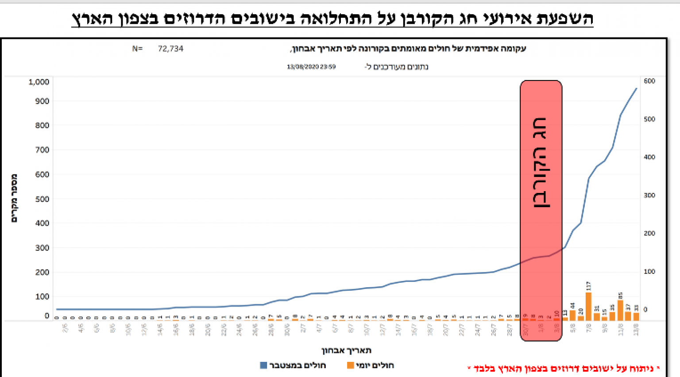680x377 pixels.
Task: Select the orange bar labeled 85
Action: tap(620, 310)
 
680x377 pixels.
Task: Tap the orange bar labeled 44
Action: tap(572, 315)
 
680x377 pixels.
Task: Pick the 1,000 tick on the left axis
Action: tap(39, 82)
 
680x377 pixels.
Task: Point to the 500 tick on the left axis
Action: tap(42, 199)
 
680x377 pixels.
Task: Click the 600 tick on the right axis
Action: tap(649, 81)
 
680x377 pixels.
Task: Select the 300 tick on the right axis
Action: tap(649, 195)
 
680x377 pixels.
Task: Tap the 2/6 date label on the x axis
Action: tap(66, 329)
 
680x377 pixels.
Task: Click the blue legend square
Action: tap(263, 365)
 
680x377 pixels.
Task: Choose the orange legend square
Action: tap(350, 365)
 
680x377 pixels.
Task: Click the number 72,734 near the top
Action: tap(170, 49)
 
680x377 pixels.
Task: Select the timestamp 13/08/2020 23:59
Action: tap(311, 67)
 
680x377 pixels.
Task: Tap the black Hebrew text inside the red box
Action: tap(541, 163)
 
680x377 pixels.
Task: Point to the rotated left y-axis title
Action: tap(14, 198)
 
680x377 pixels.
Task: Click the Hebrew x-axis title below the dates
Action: tap(346, 350)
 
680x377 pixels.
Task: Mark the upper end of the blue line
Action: tap(637, 88)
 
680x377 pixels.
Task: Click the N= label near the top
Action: tap(137, 49)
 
